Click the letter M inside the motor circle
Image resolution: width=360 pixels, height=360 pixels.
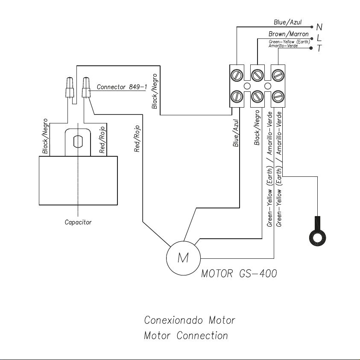click(x=183, y=258)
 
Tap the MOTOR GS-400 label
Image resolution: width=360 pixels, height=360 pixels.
click(x=239, y=273)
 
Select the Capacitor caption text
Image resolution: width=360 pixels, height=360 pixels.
click(x=78, y=222)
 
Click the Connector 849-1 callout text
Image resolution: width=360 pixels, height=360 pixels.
click(x=122, y=87)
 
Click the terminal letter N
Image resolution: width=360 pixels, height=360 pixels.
click(x=319, y=27)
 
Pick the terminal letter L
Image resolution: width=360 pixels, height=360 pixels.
click(x=319, y=38)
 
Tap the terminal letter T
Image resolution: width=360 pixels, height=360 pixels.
click(x=319, y=48)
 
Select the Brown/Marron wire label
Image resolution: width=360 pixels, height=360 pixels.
click(x=288, y=34)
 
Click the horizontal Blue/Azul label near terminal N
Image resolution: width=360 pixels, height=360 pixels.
click(x=287, y=22)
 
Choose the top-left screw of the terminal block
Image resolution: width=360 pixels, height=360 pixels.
click(x=237, y=75)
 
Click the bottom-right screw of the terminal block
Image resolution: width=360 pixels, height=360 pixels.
click(x=278, y=97)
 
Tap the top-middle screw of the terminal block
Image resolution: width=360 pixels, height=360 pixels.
click(x=258, y=75)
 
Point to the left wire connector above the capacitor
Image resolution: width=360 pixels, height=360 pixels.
click(x=70, y=88)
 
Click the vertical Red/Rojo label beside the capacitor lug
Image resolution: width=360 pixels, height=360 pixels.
click(x=102, y=140)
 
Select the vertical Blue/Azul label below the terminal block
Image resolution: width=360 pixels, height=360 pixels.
click(x=236, y=133)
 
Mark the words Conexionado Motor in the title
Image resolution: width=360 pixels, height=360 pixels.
click(x=190, y=320)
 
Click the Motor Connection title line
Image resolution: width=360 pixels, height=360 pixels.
click(x=186, y=336)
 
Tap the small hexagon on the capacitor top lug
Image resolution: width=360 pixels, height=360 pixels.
click(x=78, y=142)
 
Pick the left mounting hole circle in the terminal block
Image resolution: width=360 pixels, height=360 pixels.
click(x=247, y=86)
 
